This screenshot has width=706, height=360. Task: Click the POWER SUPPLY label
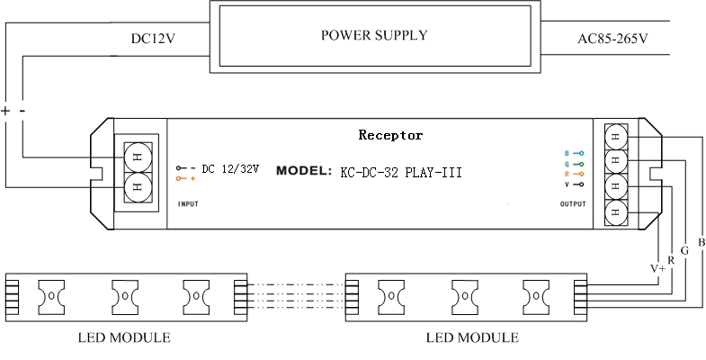[373, 36]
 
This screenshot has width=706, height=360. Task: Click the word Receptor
[390, 136]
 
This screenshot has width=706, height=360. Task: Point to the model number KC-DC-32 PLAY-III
[401, 171]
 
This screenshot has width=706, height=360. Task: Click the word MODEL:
[304, 171]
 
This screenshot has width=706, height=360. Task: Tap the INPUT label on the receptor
[188, 204]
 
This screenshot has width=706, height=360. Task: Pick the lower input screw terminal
[138, 188]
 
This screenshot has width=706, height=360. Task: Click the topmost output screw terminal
[616, 138]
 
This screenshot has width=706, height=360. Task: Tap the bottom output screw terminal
[616, 213]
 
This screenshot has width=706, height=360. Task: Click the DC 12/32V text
[230, 168]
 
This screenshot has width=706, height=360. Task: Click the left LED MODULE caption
[123, 338]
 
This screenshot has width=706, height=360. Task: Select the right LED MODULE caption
[472, 338]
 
